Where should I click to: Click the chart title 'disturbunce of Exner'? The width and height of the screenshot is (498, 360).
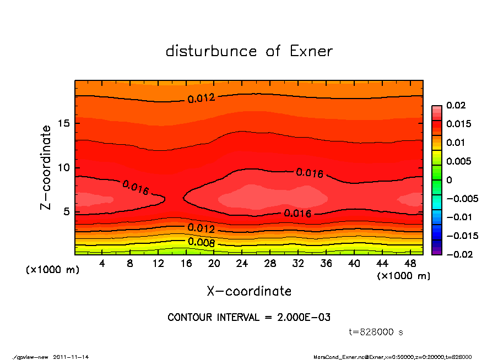(249, 52)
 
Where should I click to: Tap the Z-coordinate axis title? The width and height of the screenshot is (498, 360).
(46, 167)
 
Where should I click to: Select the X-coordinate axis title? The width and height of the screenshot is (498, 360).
(249, 291)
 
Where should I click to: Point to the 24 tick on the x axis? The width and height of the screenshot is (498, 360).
(242, 264)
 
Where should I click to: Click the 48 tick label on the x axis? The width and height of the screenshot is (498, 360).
(409, 264)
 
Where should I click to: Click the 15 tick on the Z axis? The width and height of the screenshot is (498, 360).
(63, 123)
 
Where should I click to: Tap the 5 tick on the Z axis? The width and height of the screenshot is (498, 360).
(66, 211)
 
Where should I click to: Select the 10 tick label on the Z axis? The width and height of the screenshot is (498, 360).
(63, 167)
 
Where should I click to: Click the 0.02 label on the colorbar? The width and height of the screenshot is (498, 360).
(454, 105)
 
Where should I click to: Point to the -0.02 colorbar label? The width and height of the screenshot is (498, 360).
(458, 254)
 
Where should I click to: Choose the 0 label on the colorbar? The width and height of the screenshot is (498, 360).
(449, 180)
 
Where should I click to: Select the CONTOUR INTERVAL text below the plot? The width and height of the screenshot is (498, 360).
(249, 318)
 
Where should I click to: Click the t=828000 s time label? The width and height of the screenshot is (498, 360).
(376, 332)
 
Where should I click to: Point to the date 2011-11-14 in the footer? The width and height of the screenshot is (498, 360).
(71, 357)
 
